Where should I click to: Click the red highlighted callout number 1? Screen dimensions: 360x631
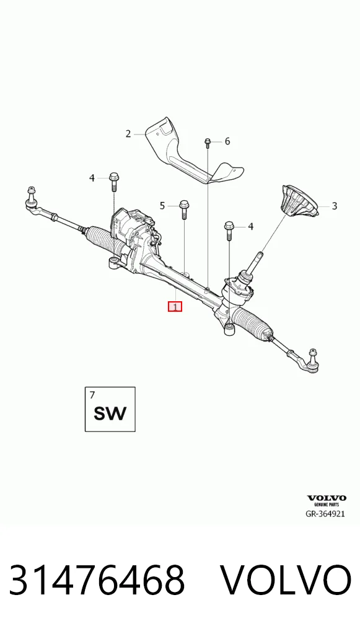(x=175, y=307)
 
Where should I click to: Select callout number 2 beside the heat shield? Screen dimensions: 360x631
(x=128, y=134)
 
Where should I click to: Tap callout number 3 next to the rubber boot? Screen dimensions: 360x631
(x=334, y=206)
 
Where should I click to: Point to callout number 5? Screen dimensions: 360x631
(x=162, y=206)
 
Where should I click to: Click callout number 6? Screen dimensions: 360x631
(x=227, y=141)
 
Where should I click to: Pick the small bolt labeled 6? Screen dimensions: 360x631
(x=208, y=143)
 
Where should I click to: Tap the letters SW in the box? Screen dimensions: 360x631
(x=110, y=413)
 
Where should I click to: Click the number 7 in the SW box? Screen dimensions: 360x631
(x=92, y=395)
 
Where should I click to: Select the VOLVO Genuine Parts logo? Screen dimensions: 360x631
(x=327, y=501)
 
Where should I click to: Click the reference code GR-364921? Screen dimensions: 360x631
(x=325, y=514)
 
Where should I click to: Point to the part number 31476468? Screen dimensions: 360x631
(x=97, y=580)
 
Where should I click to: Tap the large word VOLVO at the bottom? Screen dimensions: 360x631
(x=286, y=580)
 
